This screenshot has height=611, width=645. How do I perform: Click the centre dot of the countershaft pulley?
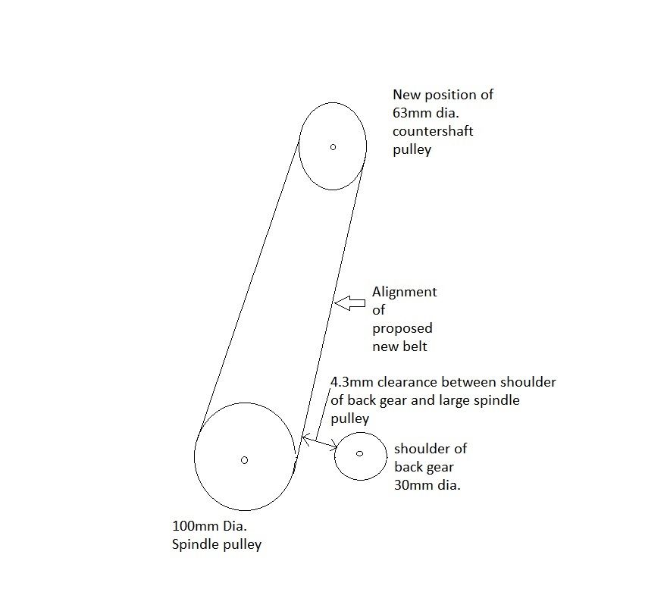(x=333, y=147)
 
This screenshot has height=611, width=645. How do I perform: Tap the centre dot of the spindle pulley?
(x=244, y=460)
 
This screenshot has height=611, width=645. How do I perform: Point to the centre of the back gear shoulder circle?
(x=359, y=454)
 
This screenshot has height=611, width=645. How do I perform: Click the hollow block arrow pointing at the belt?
(x=349, y=303)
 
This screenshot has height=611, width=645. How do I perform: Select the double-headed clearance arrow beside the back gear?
(x=320, y=441)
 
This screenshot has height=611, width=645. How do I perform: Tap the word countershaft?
(x=433, y=131)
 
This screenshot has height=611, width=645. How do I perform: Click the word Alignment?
(x=405, y=292)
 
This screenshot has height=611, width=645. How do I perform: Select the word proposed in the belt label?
(x=402, y=329)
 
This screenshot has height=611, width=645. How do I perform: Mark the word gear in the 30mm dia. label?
(x=440, y=468)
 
